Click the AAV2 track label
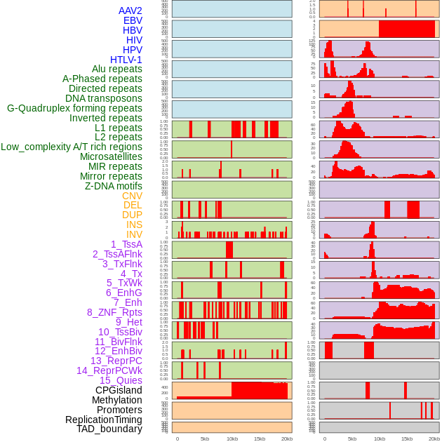click(x=130, y=11)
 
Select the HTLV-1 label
click(x=126, y=60)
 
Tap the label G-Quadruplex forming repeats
click(x=74, y=108)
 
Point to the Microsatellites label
click(x=111, y=156)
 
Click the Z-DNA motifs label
click(x=114, y=186)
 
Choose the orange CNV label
click(x=132, y=196)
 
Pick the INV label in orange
click(x=134, y=234)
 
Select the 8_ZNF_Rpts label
click(x=114, y=312)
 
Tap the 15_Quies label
click(x=121, y=380)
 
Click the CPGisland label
click(x=119, y=390)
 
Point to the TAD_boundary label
click(x=109, y=429)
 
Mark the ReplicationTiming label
click(x=103, y=420)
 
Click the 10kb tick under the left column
click(x=232, y=438)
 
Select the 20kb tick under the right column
click(x=434, y=438)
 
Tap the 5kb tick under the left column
click(x=205, y=438)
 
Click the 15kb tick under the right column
click(x=407, y=438)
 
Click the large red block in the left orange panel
click(x=260, y=390)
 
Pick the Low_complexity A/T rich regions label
click(x=72, y=147)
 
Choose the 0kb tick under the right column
click(x=325, y=438)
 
